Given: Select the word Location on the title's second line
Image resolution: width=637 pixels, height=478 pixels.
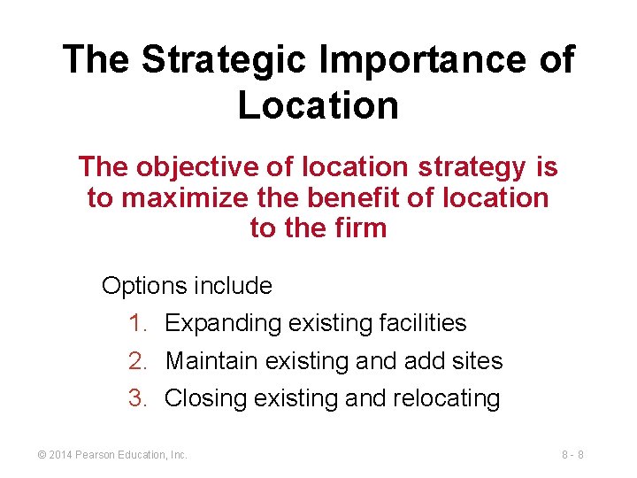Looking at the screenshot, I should point(318,105).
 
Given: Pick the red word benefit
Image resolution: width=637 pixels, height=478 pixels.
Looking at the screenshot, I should point(351,197).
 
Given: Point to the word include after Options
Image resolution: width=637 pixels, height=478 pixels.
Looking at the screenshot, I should point(234,286).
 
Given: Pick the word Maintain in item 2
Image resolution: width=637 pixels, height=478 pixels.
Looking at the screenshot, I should point(207,361).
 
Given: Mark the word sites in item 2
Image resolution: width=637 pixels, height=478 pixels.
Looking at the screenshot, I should point(479,361).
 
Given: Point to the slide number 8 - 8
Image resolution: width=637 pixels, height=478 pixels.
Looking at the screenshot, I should point(572,455).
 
